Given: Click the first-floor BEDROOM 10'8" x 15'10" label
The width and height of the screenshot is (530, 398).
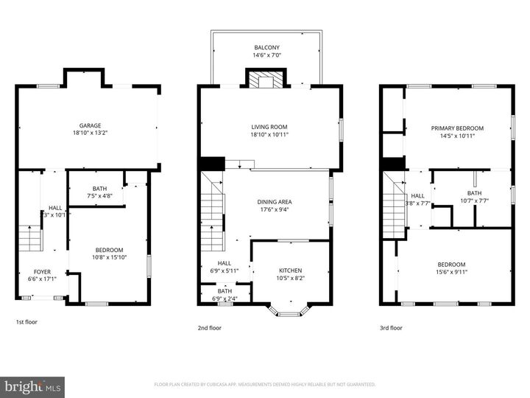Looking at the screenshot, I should click(x=108, y=250).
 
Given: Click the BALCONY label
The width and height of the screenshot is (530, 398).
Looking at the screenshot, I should click(x=266, y=46).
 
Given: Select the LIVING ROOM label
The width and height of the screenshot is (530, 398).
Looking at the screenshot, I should click(x=269, y=127).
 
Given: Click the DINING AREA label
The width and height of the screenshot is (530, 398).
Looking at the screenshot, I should click(x=274, y=201).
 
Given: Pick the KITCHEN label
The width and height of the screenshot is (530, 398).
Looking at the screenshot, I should click(x=289, y=270).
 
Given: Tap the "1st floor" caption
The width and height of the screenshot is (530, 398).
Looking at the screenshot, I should click(x=26, y=322).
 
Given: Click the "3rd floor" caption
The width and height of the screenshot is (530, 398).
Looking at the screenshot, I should click(x=391, y=327).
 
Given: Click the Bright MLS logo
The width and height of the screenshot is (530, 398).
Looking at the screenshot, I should click(x=32, y=386).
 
